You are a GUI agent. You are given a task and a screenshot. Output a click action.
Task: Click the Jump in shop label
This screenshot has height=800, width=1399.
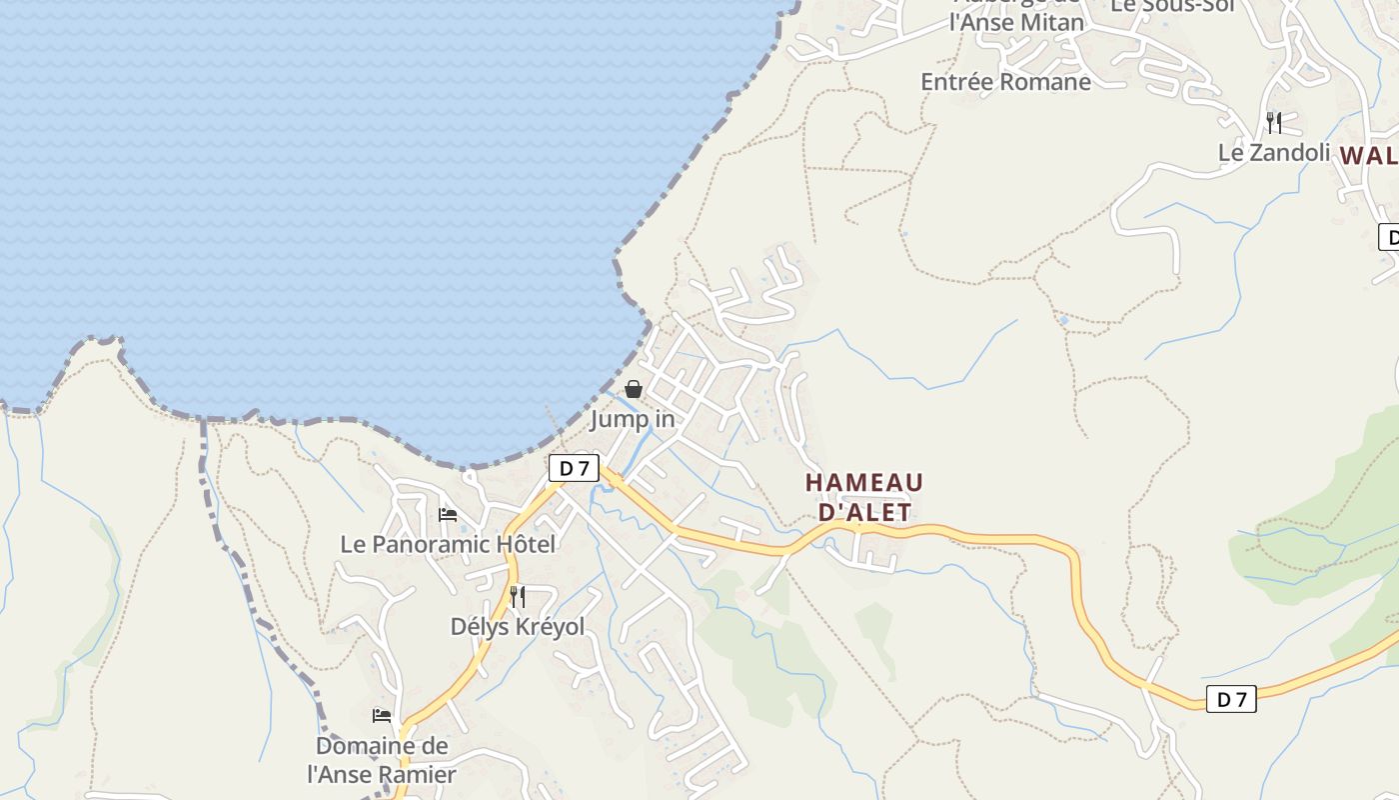coord(633,419)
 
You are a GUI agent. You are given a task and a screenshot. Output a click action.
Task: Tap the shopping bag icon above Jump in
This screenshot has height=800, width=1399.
coord(634,389)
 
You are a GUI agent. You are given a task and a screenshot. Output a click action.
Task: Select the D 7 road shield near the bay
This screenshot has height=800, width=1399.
coord(574,467)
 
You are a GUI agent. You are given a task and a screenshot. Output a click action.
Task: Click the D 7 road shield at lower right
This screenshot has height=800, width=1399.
coord(1231,699)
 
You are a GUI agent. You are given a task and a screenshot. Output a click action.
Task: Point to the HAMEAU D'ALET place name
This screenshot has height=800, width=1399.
coord(864,497)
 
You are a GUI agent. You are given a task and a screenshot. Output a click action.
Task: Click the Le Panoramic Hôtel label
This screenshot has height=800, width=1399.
coord(448,544)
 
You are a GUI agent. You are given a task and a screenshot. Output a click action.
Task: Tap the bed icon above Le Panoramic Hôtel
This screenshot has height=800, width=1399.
coord(448,515)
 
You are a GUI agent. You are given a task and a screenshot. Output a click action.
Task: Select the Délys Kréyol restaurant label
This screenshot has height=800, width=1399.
coord(518,627)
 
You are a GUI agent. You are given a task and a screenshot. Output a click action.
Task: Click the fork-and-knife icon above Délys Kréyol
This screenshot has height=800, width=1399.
coord(518,597)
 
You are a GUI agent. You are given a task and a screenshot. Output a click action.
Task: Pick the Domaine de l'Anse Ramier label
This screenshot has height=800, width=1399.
coord(382,760)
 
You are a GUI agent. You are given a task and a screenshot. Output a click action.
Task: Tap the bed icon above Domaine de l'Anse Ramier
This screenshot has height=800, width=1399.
coord(382,716)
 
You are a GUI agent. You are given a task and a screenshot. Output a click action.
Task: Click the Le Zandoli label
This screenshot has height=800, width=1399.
coord(1274,153)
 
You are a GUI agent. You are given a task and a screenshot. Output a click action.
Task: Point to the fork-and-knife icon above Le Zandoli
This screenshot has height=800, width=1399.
coord(1274,123)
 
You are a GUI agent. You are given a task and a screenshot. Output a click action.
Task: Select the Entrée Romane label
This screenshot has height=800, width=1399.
coord(1005,82)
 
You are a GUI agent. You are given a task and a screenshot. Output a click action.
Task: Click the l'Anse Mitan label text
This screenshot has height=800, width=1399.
coord(1016,22)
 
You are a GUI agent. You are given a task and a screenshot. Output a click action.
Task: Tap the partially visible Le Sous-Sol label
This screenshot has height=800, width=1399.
coord(1173,6)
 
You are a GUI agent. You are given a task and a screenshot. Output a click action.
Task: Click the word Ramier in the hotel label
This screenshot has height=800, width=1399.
coord(417,774)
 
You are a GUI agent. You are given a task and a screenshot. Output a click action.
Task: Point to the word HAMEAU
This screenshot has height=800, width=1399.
coord(864,483)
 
